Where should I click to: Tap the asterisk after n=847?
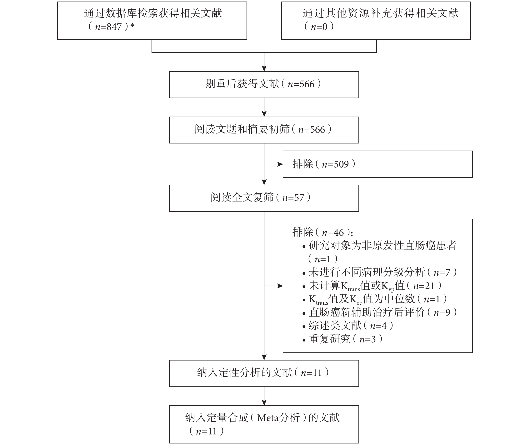click(132, 26)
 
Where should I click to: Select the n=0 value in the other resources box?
click(319, 27)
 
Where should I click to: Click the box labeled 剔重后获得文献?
click(264, 85)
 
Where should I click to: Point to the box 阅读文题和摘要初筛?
click(264, 130)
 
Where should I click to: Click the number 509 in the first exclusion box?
click(341, 164)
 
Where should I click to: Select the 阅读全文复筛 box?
click(264, 198)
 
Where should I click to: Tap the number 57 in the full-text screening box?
click(299, 198)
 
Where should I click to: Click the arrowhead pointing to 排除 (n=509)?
click(280, 164)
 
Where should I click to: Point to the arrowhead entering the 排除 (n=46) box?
click(280, 286)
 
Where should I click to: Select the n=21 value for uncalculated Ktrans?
click(424, 286)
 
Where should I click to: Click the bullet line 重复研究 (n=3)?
click(342, 339)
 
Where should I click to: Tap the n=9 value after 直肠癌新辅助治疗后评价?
click(442, 312)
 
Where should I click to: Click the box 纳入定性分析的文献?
click(264, 373)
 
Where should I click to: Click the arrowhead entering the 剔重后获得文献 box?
click(264, 68)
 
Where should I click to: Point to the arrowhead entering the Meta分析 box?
click(264, 403)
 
